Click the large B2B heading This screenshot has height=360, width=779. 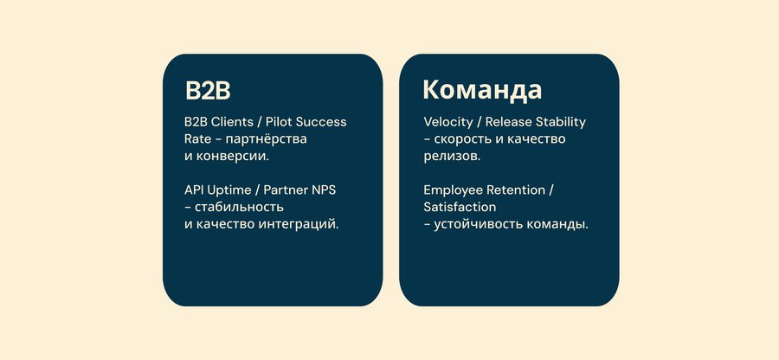tap(208, 91)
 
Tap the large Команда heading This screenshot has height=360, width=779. tap(482, 90)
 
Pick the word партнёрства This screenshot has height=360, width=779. tap(270, 139)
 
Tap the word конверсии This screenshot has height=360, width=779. tap(233, 157)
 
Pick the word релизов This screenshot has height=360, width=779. tap(452, 157)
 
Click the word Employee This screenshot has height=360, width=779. tap(453, 190)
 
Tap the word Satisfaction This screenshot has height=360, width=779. tap(460, 207)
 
